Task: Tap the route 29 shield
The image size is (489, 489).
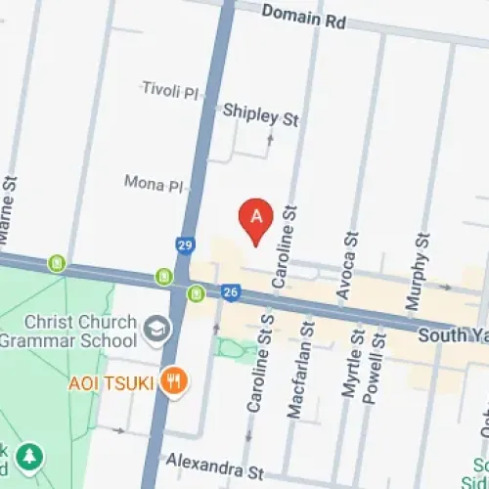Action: click(185, 244)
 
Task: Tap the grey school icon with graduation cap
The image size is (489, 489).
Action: click(155, 330)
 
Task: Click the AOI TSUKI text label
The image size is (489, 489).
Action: click(111, 381)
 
